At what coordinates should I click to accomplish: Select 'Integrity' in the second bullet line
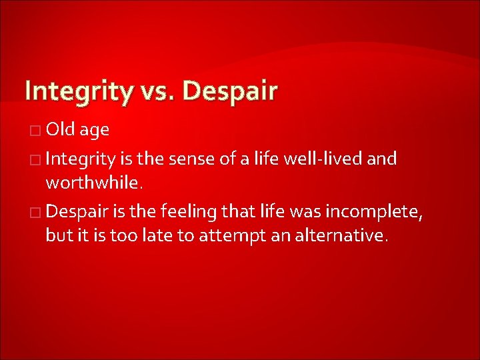click(x=83, y=160)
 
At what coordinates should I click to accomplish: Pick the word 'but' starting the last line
click(x=57, y=236)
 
